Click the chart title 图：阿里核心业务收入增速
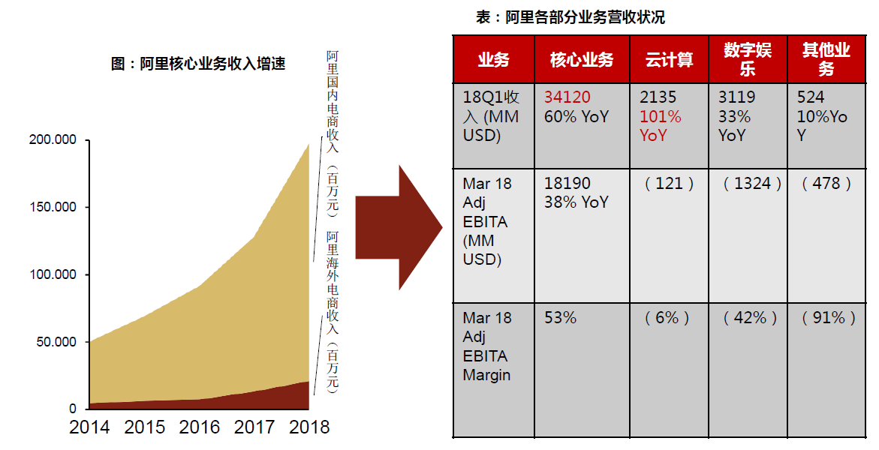pos(198,64)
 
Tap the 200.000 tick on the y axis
pos(53,139)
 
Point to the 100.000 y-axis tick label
pos(53,274)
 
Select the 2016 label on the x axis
pos(200,427)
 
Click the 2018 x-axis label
pos(309,427)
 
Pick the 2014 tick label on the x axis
pos(89,427)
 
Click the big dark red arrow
pos(398,227)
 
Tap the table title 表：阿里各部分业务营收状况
pos(570,17)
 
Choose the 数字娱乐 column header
pos(748,59)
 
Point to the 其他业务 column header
pos(826,59)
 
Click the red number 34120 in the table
pos(567,97)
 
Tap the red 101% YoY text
pos(661,126)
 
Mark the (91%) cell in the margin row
pos(829,318)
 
